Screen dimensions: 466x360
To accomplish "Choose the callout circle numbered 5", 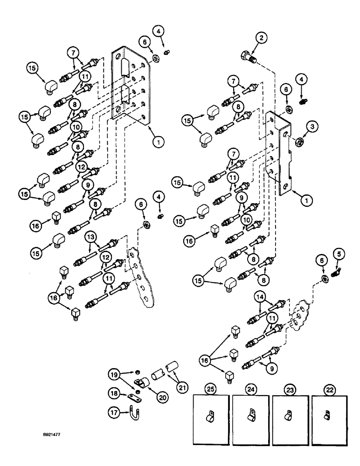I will click(338, 254).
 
